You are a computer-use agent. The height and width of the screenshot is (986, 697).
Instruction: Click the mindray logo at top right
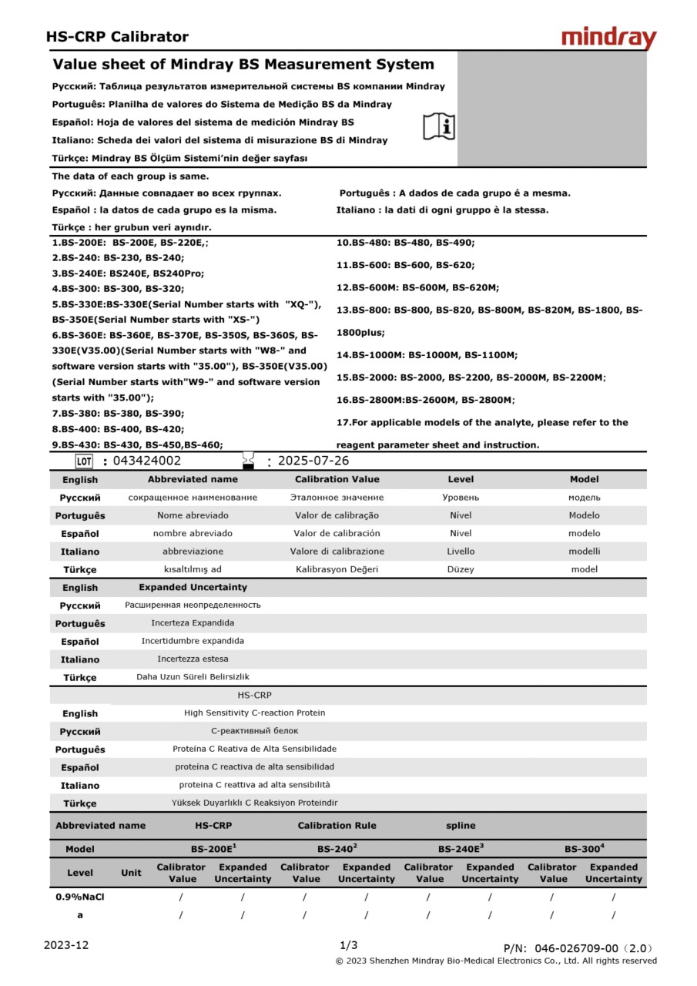(608, 38)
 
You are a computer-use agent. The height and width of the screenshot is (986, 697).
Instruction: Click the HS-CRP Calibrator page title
(117, 36)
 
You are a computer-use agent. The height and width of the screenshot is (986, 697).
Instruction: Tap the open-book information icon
(439, 126)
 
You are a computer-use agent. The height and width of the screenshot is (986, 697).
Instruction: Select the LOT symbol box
(84, 461)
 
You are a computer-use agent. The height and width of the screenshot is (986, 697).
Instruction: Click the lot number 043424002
(147, 461)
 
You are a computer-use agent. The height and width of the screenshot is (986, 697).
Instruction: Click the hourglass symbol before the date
(248, 461)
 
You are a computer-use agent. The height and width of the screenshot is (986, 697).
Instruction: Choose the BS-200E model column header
(213, 849)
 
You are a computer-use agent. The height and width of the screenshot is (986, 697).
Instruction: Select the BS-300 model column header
(584, 849)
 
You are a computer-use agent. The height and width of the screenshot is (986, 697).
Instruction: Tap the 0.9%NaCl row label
(80, 897)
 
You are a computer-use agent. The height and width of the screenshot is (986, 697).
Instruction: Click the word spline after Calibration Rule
(461, 825)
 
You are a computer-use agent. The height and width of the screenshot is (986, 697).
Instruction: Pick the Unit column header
(132, 873)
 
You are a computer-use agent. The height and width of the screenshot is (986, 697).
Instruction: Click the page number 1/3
(348, 945)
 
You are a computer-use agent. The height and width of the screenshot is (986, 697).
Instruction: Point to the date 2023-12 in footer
(67, 945)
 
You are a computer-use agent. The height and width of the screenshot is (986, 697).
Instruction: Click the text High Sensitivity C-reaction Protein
(254, 713)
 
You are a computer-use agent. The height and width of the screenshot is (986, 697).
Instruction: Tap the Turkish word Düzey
(461, 569)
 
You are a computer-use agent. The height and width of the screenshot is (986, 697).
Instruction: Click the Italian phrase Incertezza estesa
(193, 659)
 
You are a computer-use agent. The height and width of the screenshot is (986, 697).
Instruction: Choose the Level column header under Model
(80, 873)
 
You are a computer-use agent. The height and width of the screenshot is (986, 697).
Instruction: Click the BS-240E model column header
(461, 849)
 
